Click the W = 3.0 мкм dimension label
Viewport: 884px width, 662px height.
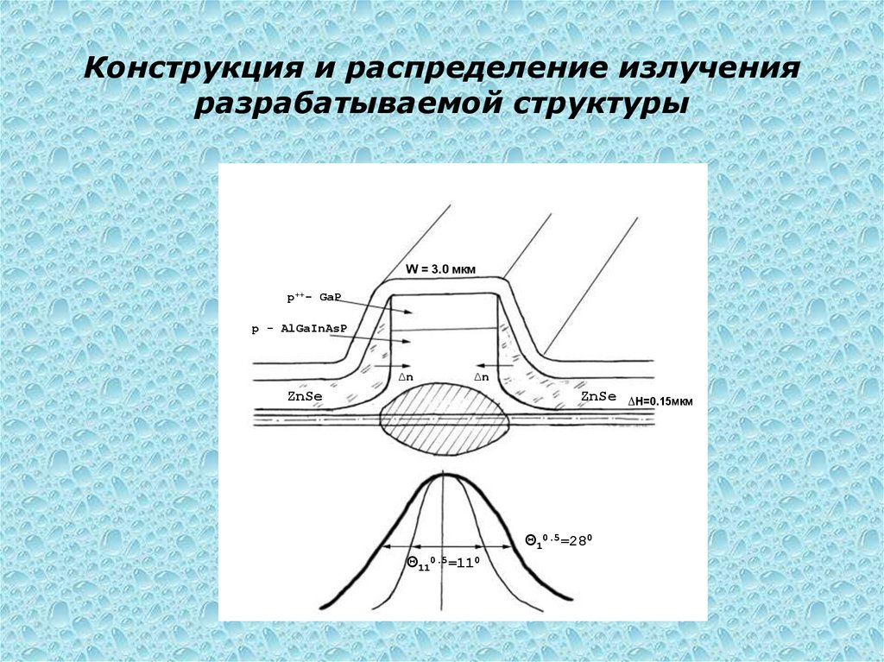[441, 268]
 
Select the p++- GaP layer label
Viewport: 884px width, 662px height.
[314, 298]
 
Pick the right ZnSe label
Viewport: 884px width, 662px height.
[598, 396]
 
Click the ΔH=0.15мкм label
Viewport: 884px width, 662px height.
[660, 401]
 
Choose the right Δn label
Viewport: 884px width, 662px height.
[481, 377]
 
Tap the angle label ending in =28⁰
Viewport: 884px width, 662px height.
[559, 539]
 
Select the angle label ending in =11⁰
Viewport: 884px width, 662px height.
[443, 564]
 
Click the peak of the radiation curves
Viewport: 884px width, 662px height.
[444, 476]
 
